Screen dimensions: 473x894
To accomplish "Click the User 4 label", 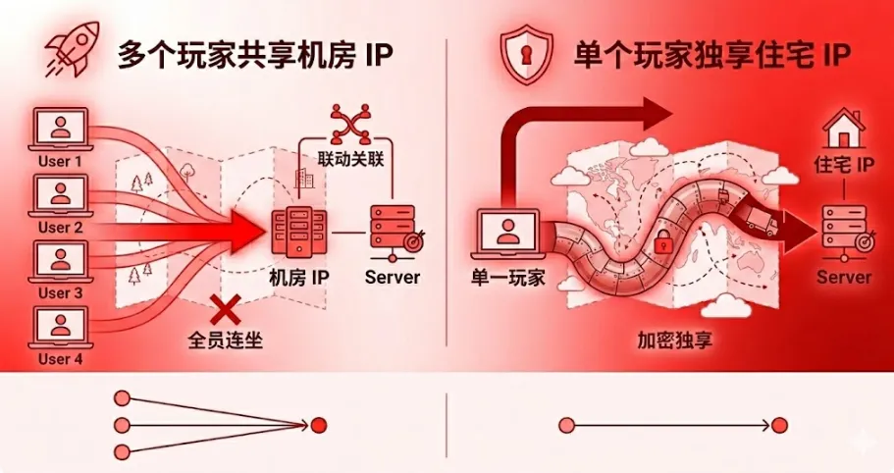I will point(61,359).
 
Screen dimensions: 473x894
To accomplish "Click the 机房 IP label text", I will point(298,278).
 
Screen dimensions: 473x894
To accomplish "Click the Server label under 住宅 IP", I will point(843,278).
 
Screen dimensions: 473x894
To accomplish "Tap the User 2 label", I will point(61,228).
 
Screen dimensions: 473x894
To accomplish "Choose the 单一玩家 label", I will point(507,278).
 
